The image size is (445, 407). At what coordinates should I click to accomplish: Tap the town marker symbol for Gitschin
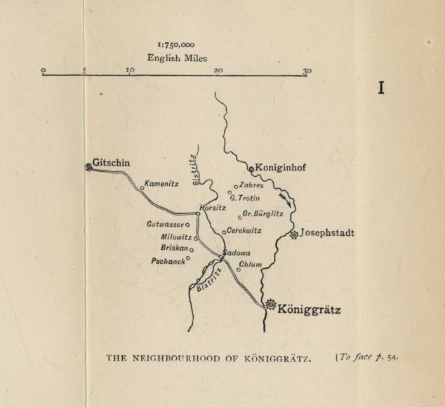coord(88,166)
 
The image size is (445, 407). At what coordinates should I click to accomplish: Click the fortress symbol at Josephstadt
coord(294,234)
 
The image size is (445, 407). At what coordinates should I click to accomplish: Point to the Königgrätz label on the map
coord(309,307)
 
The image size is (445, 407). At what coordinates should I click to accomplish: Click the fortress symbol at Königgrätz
coord(271,305)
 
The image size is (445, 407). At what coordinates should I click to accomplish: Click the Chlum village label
coord(251,265)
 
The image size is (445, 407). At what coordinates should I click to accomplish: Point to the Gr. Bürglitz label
coord(263,213)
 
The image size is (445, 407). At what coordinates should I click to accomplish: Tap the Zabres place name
coord(251,185)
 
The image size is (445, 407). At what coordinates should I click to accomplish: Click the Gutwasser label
coord(165,225)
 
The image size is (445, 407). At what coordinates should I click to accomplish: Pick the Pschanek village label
coord(168,260)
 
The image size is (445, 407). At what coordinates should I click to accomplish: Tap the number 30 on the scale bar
coord(307,70)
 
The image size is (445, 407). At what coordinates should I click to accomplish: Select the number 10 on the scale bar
coord(130,70)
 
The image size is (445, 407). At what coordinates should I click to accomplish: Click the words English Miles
coord(175,58)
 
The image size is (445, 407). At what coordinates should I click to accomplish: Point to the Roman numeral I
coord(382,88)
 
